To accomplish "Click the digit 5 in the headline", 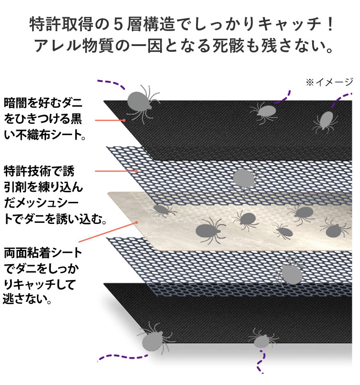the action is pos(118,24).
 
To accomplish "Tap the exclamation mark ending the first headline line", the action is pos(330,24).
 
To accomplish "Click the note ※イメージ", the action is pos(329,82).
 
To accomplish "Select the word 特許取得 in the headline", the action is pos(61,24).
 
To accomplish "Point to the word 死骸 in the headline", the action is pos(228,46).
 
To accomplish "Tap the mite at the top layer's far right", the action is pos(326,121).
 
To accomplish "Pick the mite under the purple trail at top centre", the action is pos(265,112).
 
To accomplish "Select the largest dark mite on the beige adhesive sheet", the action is pos(209,230).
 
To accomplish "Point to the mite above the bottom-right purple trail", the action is pos(262,338).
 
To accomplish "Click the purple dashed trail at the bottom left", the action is pos(122,357).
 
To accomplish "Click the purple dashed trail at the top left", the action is pos(112,83).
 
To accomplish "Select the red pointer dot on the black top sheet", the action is pos(124,120).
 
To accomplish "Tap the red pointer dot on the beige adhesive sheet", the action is pos(137,222).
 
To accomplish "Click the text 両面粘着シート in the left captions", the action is pos(43,253).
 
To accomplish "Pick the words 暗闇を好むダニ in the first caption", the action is pos(43,103).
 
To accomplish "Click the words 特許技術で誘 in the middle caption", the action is pos(39,171).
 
